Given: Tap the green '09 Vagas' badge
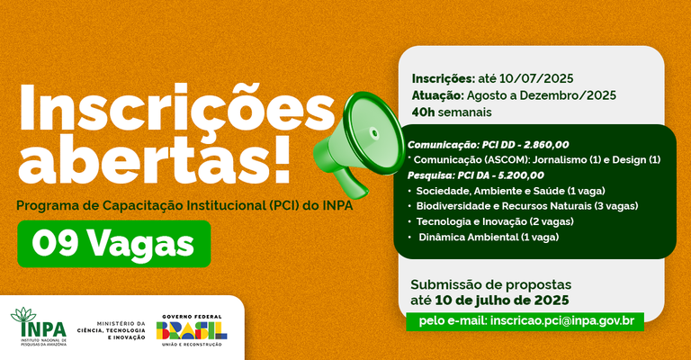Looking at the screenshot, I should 113,244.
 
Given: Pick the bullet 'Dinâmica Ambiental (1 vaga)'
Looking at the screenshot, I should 489,237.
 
